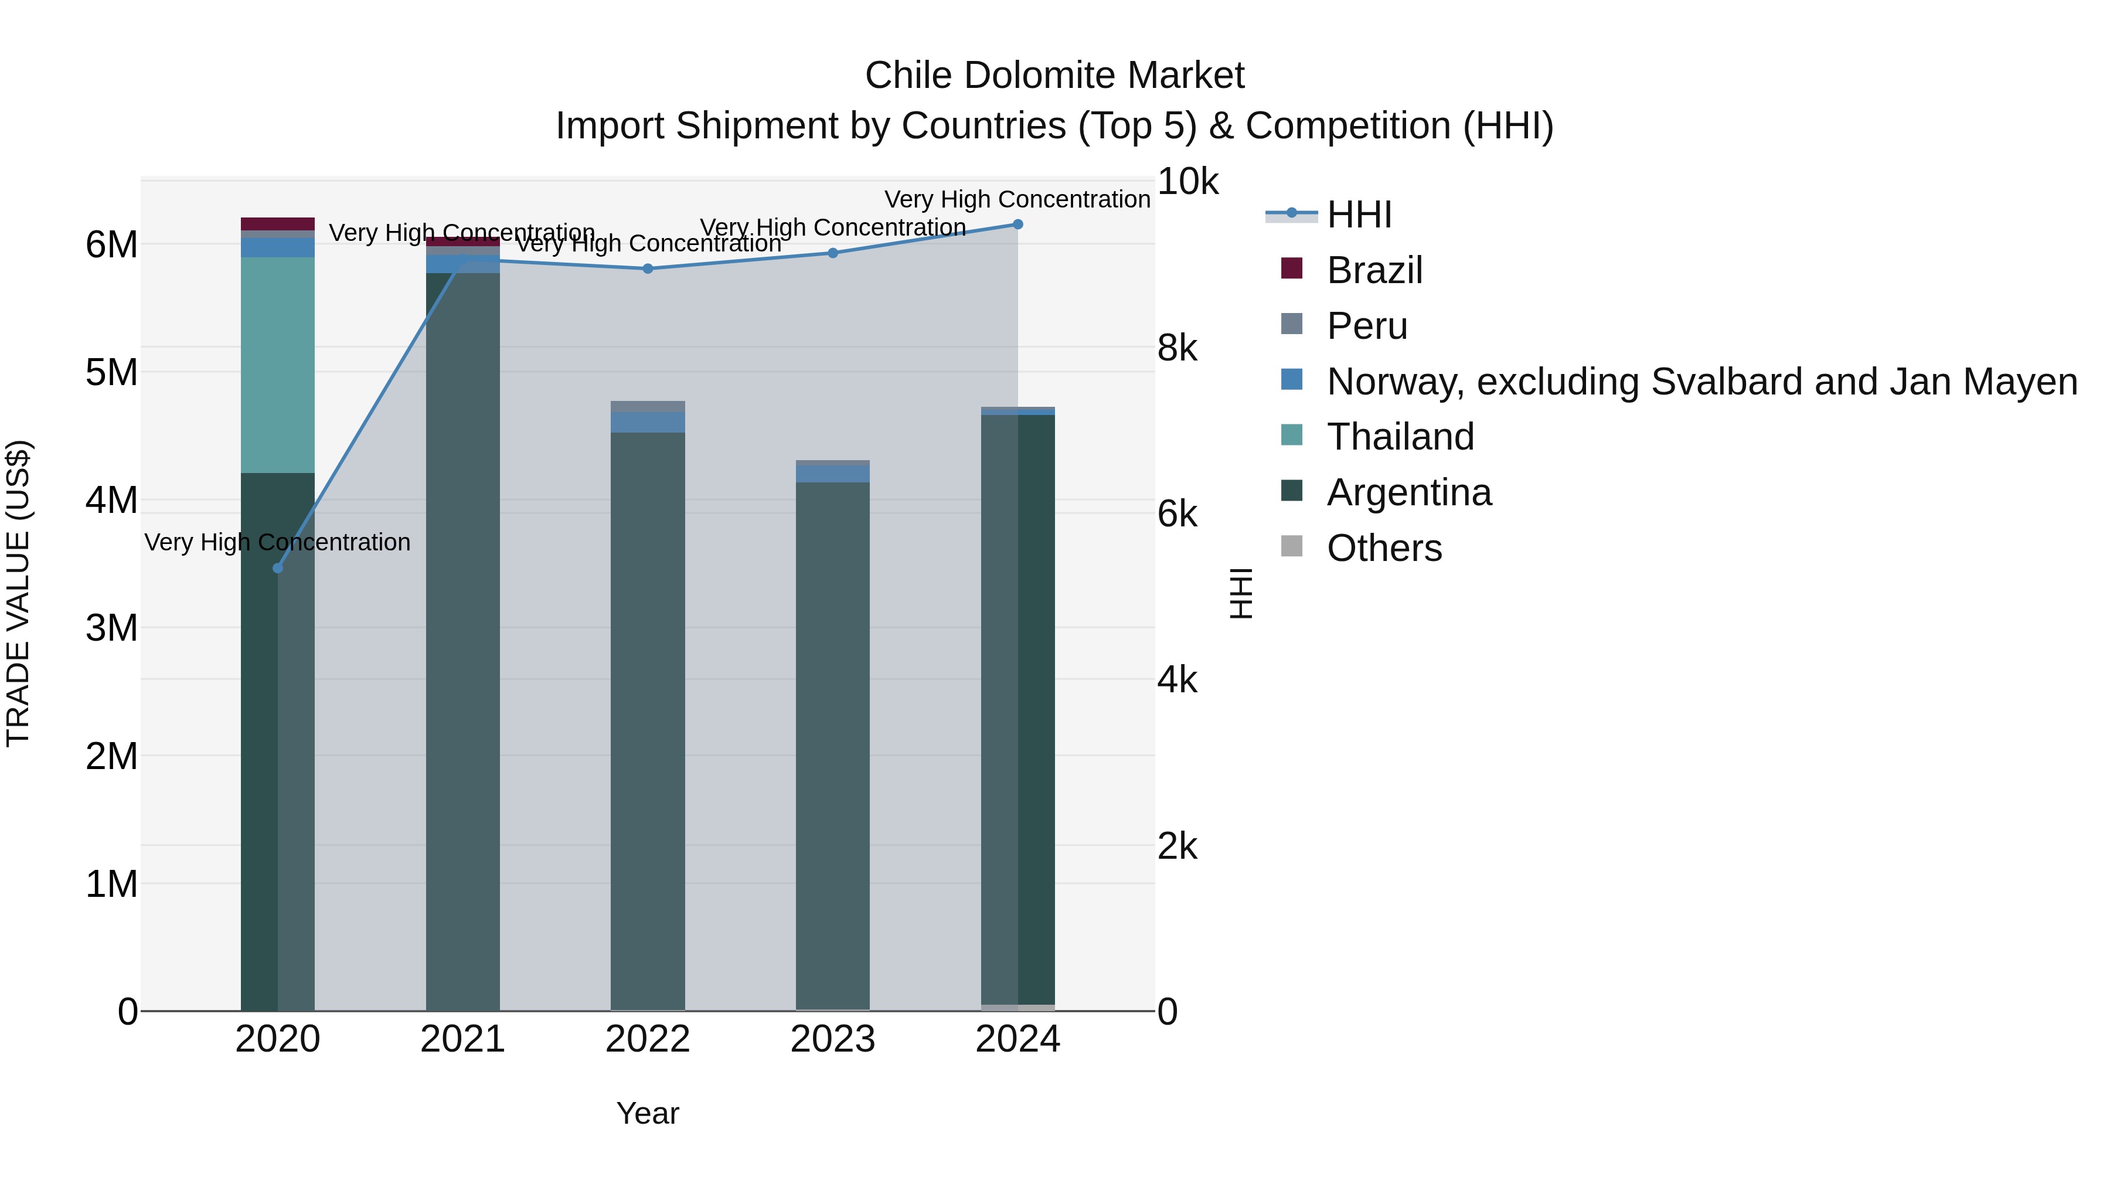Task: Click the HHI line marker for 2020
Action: coord(278,567)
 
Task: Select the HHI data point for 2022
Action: coord(648,268)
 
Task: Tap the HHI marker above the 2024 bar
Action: coord(1018,225)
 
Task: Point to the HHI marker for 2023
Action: coord(833,253)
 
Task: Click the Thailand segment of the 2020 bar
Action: coord(278,365)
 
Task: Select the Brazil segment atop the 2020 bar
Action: coord(278,224)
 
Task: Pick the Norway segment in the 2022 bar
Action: coord(648,422)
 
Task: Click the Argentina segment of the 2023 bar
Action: coord(833,737)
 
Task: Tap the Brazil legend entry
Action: coord(1374,270)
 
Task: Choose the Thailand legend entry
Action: coord(1400,437)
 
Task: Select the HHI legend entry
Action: coord(1359,215)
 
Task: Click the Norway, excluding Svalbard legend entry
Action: coord(1701,382)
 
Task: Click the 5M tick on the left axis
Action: coord(112,373)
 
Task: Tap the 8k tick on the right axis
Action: coord(1177,349)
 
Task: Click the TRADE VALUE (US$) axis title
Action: coord(18,593)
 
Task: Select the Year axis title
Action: coord(648,1113)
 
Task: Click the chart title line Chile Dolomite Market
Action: coord(1054,76)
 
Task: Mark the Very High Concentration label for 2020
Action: coord(278,542)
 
